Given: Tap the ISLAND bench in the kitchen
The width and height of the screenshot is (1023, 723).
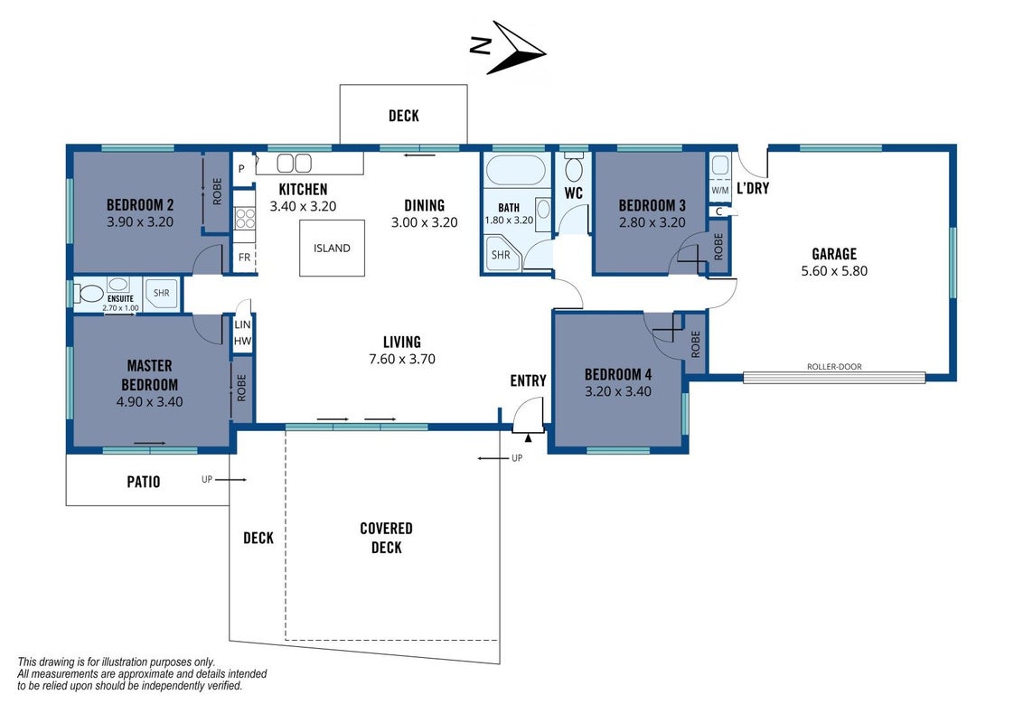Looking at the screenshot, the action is pos(332,248).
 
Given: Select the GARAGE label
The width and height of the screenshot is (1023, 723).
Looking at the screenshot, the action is pos(834,254).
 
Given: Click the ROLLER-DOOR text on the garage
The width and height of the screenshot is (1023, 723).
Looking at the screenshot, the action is pos(834,367).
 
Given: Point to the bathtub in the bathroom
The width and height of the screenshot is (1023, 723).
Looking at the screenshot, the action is pos(515,172).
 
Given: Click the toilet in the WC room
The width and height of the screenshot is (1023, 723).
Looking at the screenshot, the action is pos(574,168).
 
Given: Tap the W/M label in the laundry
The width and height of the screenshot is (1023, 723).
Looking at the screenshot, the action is pos(719,191).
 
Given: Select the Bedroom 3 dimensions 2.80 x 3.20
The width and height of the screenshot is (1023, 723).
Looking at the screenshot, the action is pos(652,222).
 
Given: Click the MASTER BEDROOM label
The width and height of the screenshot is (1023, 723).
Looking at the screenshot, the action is pos(149,375).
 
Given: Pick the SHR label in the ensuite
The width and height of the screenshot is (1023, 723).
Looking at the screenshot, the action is pos(161,293).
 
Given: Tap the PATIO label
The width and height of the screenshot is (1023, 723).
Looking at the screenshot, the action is pos(144,482).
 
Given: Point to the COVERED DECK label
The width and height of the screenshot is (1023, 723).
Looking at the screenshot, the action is pos(386,538).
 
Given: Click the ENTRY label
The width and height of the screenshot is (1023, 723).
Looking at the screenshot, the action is pos(528,380).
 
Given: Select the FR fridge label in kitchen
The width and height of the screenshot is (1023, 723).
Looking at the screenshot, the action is pos(244,257).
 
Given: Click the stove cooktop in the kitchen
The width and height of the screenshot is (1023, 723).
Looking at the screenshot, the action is pos(245,218).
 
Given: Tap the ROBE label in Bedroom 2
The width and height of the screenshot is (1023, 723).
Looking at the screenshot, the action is pos(217,192).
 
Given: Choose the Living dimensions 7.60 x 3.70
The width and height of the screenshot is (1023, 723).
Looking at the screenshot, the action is pos(402,359).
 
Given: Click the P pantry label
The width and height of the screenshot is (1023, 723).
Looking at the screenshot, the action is pos(241,169).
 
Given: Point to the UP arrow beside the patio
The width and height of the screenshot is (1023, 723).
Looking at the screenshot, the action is pos(231,480).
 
